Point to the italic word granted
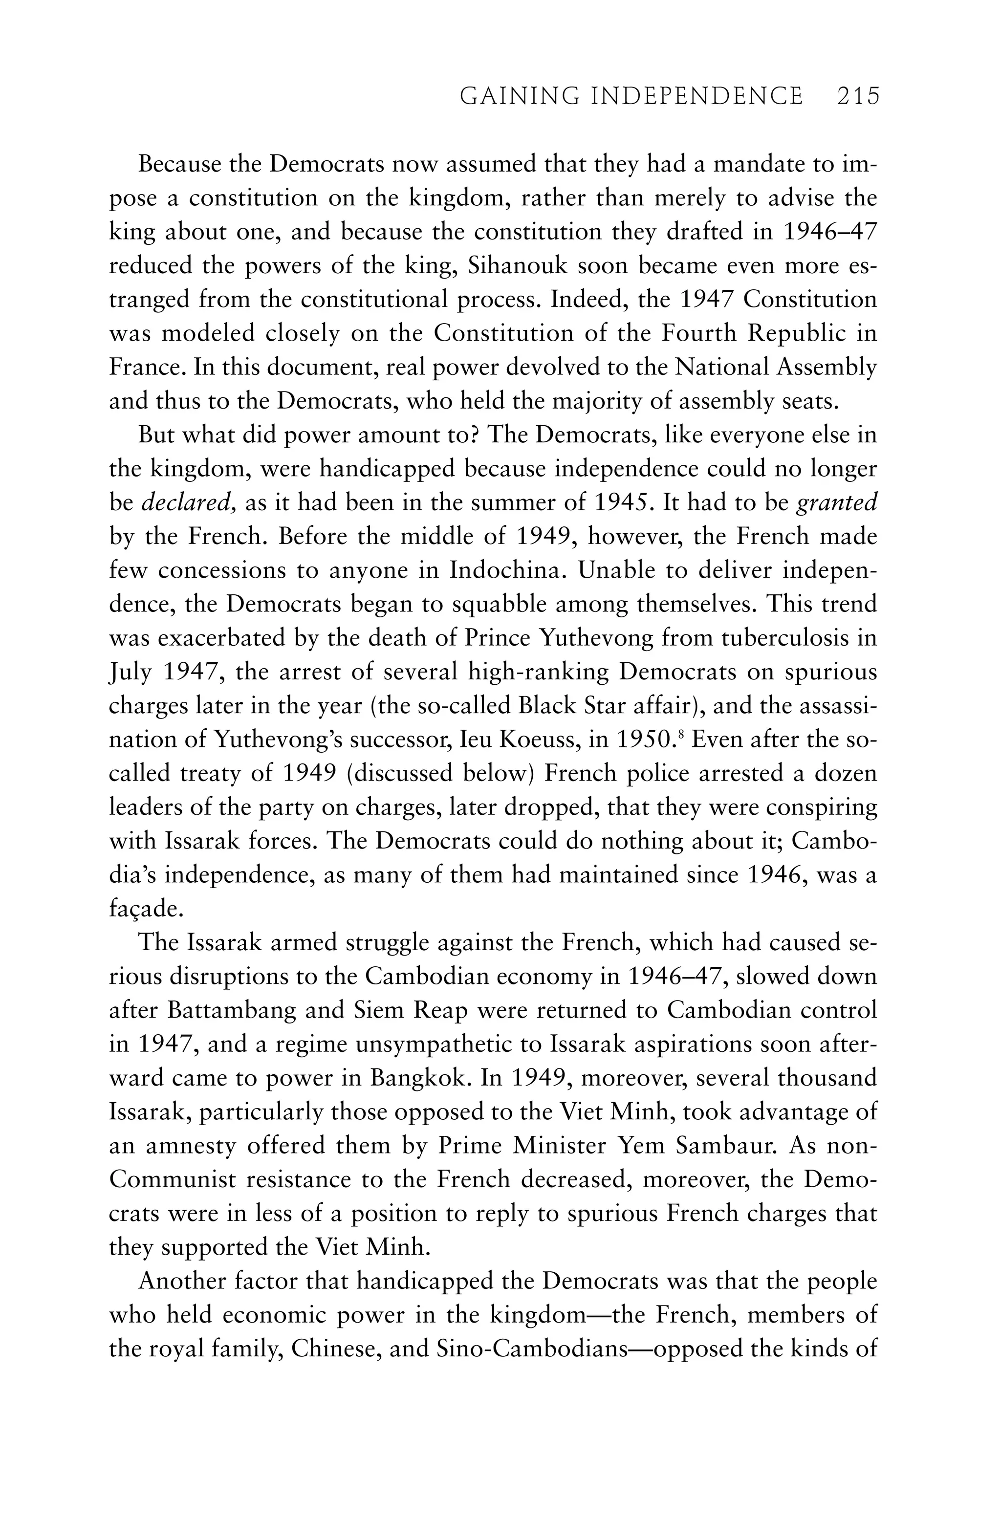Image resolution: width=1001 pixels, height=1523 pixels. tap(836, 503)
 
